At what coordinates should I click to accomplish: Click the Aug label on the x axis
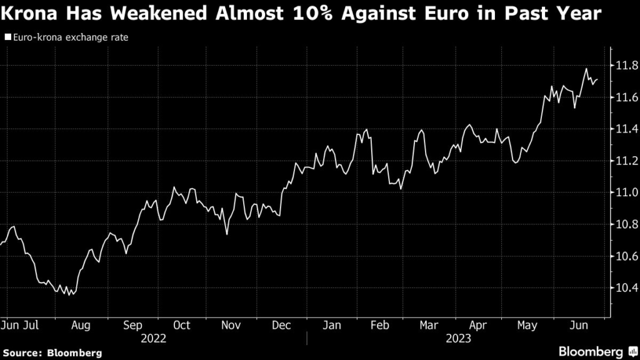81,325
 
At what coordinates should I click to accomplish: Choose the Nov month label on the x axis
231,325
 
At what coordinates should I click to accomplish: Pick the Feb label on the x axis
380,325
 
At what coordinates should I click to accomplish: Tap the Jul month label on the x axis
32,325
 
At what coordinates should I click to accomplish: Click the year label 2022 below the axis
154,339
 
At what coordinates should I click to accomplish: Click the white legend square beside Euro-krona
7,37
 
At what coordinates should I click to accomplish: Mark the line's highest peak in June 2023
586,69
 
